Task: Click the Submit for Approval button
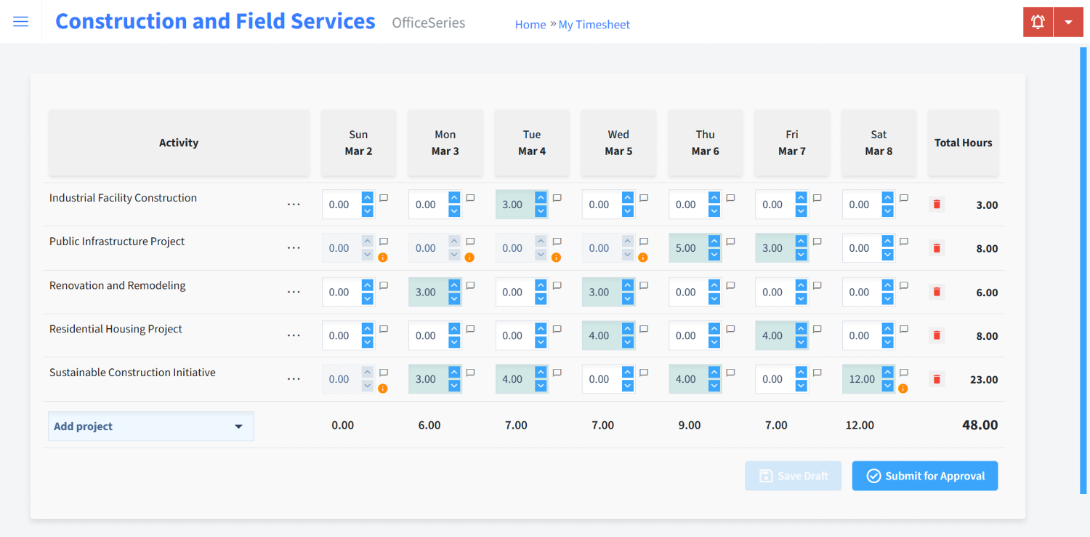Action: coord(924,476)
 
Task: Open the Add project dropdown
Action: coord(150,426)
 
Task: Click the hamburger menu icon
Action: coord(21,22)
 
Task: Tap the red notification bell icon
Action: coord(1038,22)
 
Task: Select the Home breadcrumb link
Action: coord(530,25)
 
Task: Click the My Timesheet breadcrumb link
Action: coord(594,25)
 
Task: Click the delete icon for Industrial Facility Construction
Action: coord(937,204)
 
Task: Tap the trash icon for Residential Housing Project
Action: coord(937,335)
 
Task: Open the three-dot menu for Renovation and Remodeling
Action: coord(294,293)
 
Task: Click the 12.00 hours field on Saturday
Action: coord(861,379)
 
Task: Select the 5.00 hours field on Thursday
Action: coord(686,248)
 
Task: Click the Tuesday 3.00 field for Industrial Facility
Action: coord(513,204)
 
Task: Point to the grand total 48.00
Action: coord(980,425)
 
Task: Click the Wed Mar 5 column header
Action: coord(618,143)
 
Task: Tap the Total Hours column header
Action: coord(963,143)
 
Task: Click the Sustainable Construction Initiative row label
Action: coord(132,373)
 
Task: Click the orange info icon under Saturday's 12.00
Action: coord(903,389)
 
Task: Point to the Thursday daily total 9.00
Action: coord(690,425)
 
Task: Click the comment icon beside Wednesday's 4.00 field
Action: coord(643,329)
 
